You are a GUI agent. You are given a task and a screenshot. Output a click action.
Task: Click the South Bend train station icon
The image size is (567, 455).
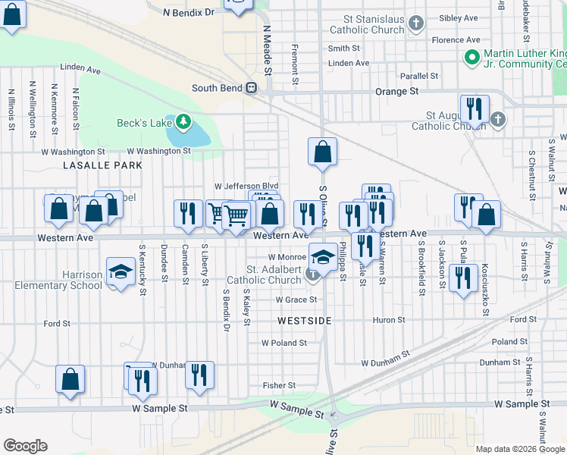[x=249, y=88]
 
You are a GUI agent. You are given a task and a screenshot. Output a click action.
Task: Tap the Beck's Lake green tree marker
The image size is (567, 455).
[x=182, y=121]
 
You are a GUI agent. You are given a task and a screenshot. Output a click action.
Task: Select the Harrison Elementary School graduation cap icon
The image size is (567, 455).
[x=120, y=271]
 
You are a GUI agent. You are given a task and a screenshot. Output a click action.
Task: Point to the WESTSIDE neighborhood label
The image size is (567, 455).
[x=305, y=321]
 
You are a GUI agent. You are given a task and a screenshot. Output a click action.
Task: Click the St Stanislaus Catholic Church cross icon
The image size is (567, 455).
[x=415, y=24]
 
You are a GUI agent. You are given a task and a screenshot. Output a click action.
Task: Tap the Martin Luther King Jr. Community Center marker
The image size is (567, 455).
[x=471, y=57]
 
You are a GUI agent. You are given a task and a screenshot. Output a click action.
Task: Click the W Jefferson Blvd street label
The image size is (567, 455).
[x=246, y=186]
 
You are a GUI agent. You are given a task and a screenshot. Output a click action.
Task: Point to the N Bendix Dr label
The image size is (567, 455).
[x=189, y=13]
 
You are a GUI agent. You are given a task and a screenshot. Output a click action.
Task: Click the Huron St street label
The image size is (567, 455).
[x=389, y=320]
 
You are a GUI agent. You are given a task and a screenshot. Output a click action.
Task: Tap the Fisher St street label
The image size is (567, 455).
[x=278, y=385]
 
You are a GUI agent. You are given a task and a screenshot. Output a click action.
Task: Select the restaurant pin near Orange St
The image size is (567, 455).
[x=474, y=108]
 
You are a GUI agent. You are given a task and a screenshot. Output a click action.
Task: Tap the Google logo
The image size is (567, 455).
[x=25, y=446]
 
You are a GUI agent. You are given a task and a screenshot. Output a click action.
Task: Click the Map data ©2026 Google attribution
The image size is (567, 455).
[x=519, y=449]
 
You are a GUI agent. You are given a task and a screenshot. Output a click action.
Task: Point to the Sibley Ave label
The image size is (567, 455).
[x=459, y=17]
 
